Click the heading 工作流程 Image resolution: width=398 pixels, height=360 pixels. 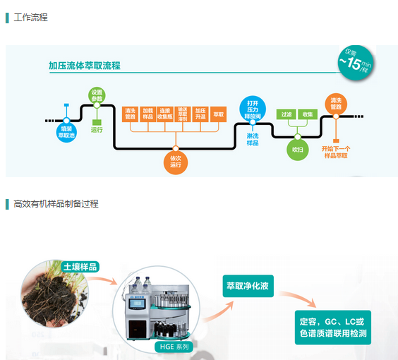30,17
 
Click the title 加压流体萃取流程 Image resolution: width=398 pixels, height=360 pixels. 84,66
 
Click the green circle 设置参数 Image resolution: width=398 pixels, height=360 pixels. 97,95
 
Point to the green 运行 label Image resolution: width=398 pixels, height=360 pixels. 97,129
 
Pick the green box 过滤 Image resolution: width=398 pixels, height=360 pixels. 287,114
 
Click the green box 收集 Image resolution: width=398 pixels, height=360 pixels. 308,114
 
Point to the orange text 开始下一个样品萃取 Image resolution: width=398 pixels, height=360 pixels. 336,152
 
